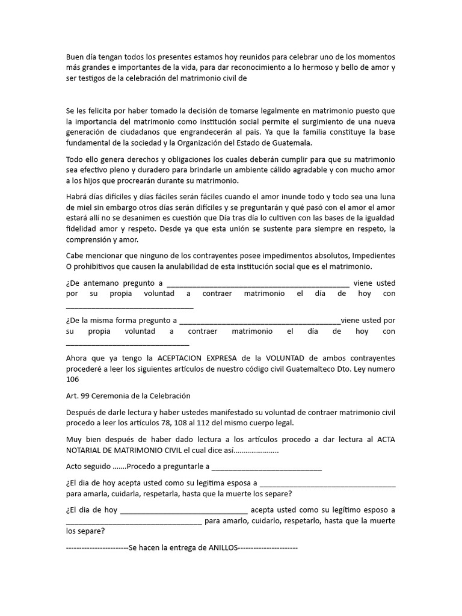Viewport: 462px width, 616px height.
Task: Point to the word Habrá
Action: [77, 197]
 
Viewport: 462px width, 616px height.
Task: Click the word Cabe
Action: [75, 256]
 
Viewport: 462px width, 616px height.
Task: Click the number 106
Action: [73, 380]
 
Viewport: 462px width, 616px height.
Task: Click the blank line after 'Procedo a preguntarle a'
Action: [267, 466]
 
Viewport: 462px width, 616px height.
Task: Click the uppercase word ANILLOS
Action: [223, 548]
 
